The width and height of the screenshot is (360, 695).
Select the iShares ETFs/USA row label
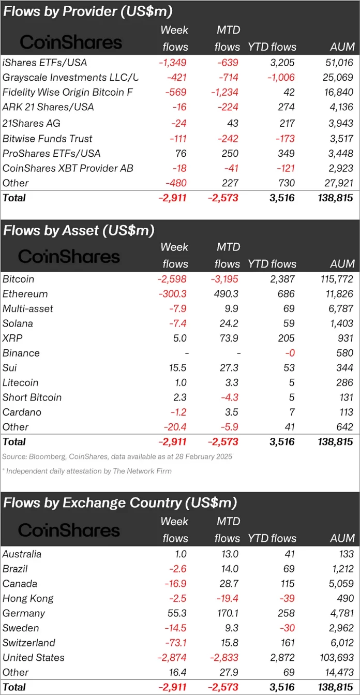tap(44, 63)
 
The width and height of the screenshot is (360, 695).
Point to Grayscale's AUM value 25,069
tap(338, 78)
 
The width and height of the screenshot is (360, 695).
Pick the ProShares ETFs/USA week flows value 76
tap(181, 153)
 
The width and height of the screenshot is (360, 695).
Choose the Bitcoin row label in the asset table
tap(19, 279)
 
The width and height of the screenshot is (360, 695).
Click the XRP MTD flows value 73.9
tap(228, 338)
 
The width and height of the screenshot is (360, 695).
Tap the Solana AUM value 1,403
tap(340, 323)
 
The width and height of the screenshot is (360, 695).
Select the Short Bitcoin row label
tap(32, 397)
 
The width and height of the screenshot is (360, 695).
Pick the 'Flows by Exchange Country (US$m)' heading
tap(120, 502)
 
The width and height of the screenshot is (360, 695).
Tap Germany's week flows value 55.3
tap(176, 613)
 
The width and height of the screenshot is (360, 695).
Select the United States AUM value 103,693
tap(335, 658)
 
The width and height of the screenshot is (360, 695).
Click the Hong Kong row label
tap(28, 598)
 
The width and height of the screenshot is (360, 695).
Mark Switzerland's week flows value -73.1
tap(173, 643)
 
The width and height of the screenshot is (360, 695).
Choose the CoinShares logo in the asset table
tap(69, 256)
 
